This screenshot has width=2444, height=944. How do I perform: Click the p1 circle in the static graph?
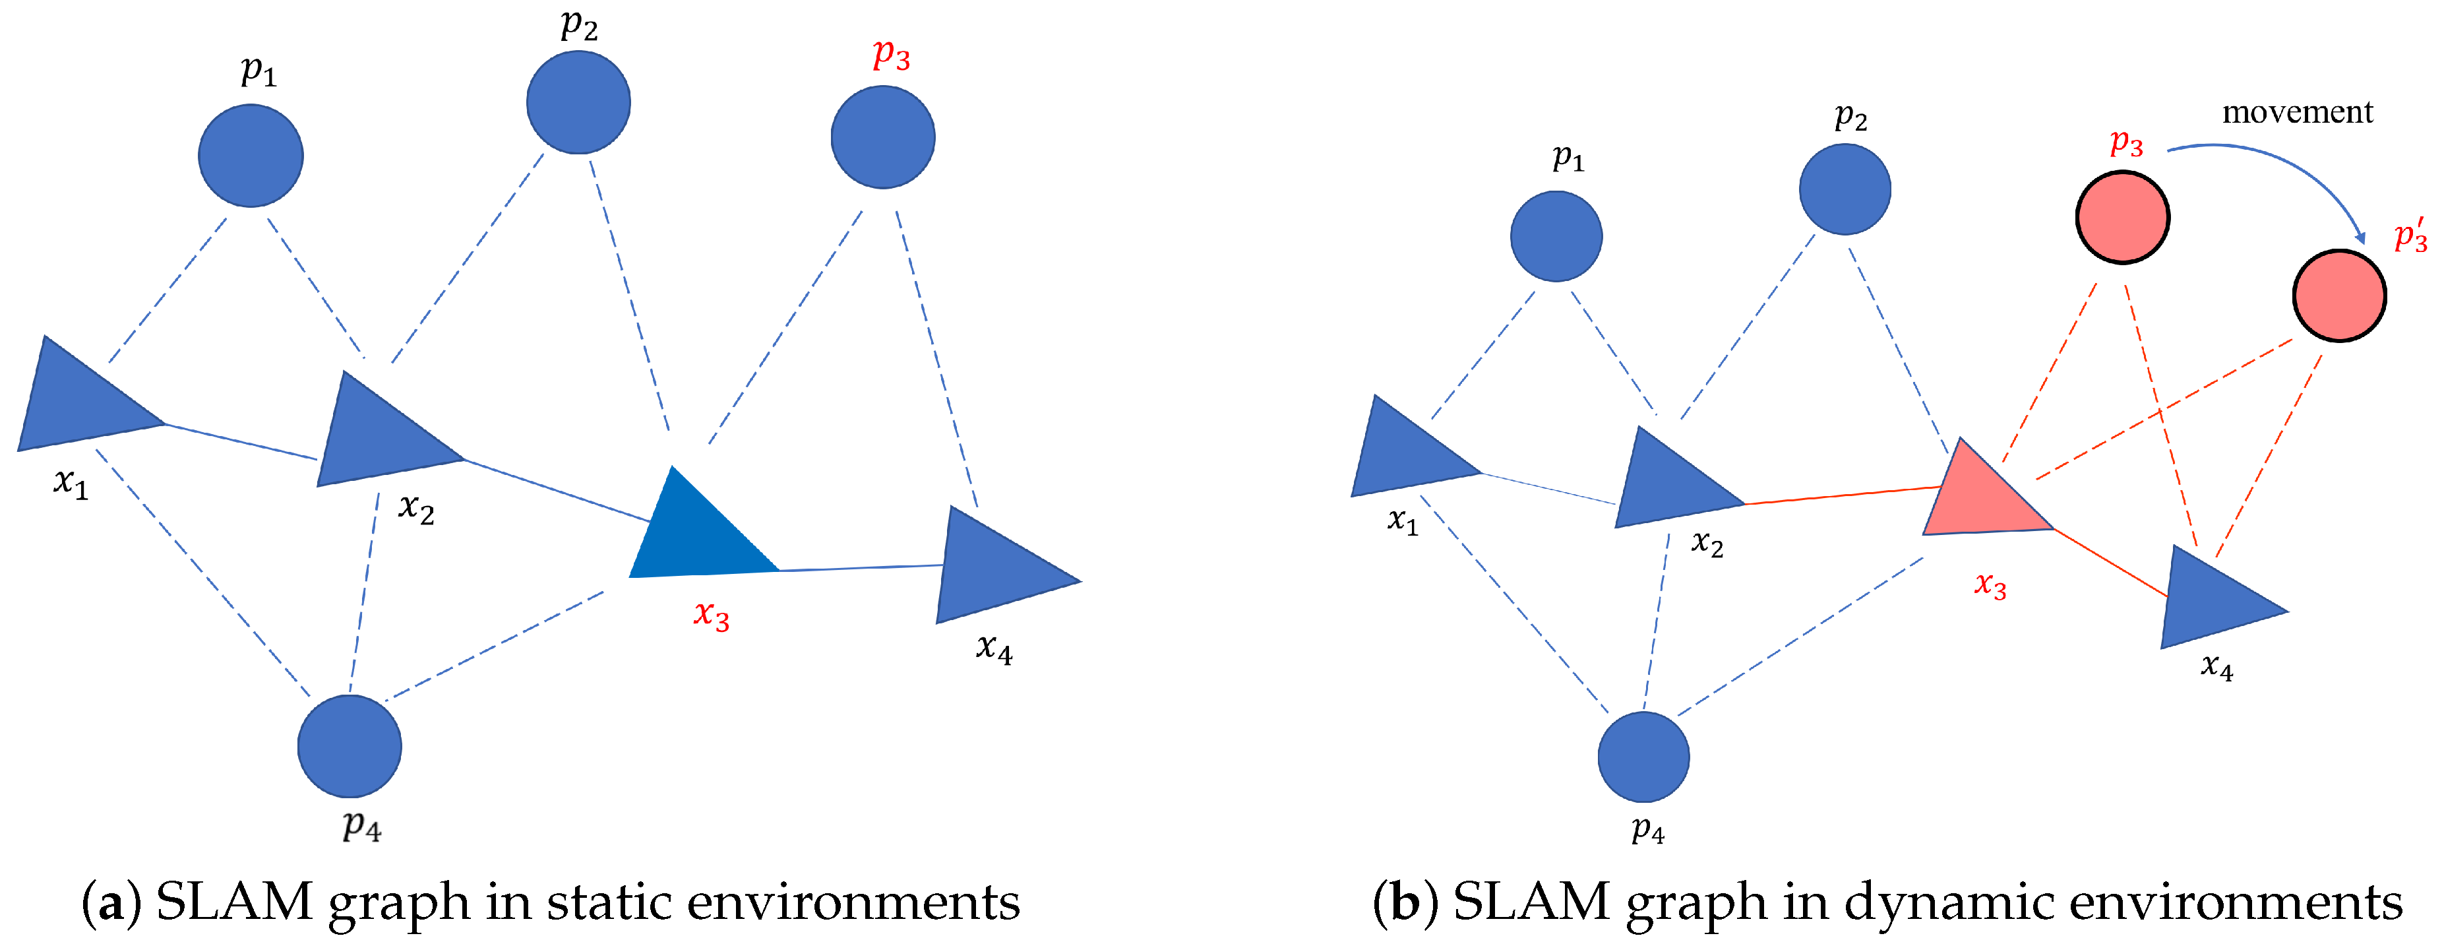251,156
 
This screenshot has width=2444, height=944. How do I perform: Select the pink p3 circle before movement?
2122,217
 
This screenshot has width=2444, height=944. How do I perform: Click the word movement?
2297,112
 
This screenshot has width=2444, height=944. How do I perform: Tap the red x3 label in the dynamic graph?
1990,584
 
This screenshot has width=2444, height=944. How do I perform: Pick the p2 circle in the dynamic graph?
1845,189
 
